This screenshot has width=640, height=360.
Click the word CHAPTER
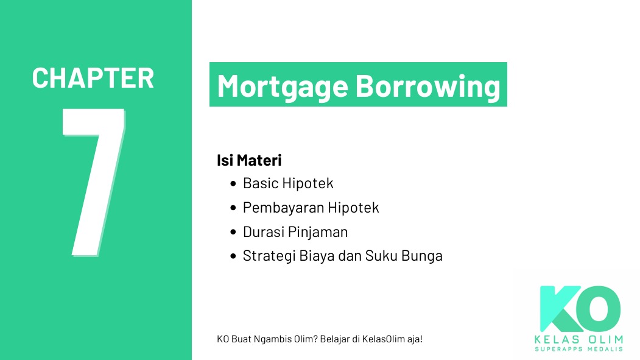pyautogui.click(x=93, y=79)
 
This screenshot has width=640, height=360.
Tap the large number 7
pyautogui.click(x=94, y=183)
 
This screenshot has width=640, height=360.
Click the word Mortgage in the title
pyautogui.click(x=283, y=86)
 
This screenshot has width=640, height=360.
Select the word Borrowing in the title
pyautogui.click(x=427, y=86)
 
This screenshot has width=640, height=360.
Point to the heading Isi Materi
pyautogui.click(x=249, y=161)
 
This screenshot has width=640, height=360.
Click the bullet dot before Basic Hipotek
pyautogui.click(x=233, y=183)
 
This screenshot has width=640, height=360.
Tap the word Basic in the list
pyautogui.click(x=260, y=183)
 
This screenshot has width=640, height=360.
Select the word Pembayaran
pyautogui.click(x=283, y=208)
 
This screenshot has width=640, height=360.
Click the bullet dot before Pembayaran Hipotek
pyautogui.click(x=233, y=208)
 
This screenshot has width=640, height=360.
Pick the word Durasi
pyautogui.click(x=262, y=232)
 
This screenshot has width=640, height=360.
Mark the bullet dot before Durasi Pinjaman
pyautogui.click(x=233, y=233)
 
